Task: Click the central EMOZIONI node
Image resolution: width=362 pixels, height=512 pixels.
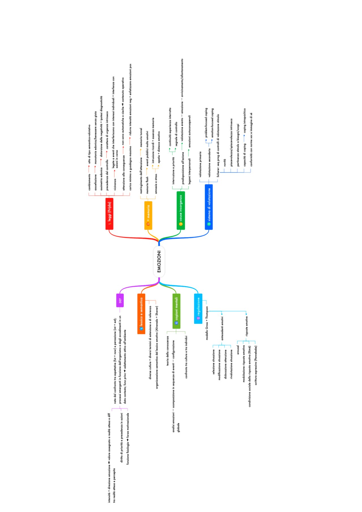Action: [x=159, y=262]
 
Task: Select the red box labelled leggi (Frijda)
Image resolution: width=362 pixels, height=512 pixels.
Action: [x=109, y=213]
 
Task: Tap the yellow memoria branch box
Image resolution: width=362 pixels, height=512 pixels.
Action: [x=148, y=215]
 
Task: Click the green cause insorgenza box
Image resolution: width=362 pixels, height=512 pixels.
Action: [x=181, y=210]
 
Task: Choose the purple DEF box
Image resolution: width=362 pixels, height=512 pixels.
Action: [x=120, y=300]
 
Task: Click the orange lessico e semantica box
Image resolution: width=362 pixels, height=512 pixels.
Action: [x=141, y=314]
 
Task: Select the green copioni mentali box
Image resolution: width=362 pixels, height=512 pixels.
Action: [x=176, y=311]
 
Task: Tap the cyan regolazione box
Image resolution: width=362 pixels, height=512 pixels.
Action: [x=198, y=308]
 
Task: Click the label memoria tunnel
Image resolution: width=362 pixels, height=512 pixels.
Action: [x=141, y=137]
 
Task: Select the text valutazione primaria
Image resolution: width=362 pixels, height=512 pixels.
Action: [x=201, y=164]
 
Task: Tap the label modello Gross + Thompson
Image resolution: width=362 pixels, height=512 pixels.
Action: [x=207, y=323]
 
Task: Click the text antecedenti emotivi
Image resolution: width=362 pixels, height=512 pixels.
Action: [x=222, y=328]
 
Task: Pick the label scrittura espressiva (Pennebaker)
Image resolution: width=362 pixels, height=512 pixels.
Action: [x=256, y=365]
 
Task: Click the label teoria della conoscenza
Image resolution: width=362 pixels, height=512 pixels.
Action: [x=168, y=351]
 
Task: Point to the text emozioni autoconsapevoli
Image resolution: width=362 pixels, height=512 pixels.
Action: [x=189, y=131]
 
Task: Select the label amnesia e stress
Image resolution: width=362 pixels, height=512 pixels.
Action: [x=156, y=184]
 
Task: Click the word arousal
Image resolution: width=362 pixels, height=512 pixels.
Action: [x=238, y=349]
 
